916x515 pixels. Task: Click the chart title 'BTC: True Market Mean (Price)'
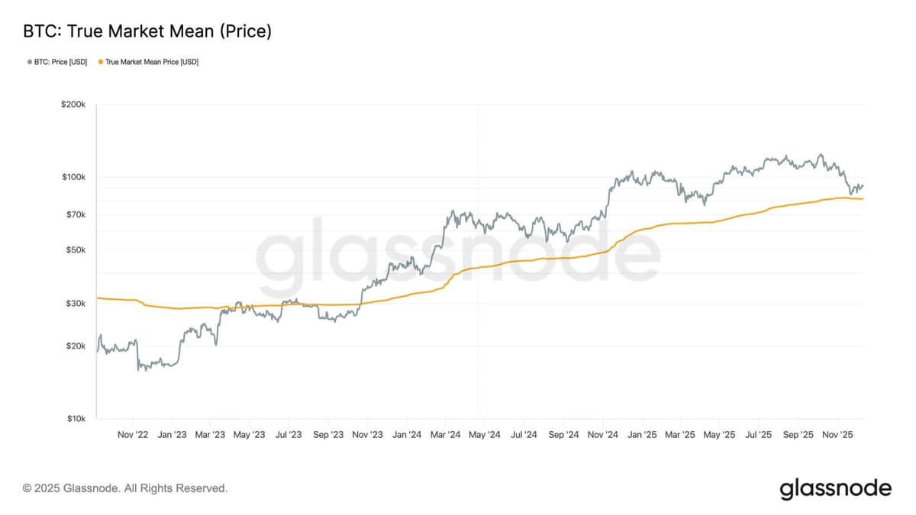click(x=147, y=31)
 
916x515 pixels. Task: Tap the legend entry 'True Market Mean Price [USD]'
click(x=151, y=62)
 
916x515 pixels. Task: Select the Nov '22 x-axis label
click(x=133, y=435)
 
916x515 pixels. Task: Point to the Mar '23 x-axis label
click(x=210, y=435)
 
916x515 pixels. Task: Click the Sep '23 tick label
click(x=327, y=435)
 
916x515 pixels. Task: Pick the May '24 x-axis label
click(x=483, y=435)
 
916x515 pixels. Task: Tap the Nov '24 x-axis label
click(x=602, y=435)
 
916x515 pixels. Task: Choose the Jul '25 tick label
click(x=759, y=435)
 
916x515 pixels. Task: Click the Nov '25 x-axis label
click(x=837, y=435)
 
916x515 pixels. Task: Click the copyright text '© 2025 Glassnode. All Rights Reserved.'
click(x=125, y=488)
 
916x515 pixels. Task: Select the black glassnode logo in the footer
click(x=835, y=488)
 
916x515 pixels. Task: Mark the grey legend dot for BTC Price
click(x=29, y=62)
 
